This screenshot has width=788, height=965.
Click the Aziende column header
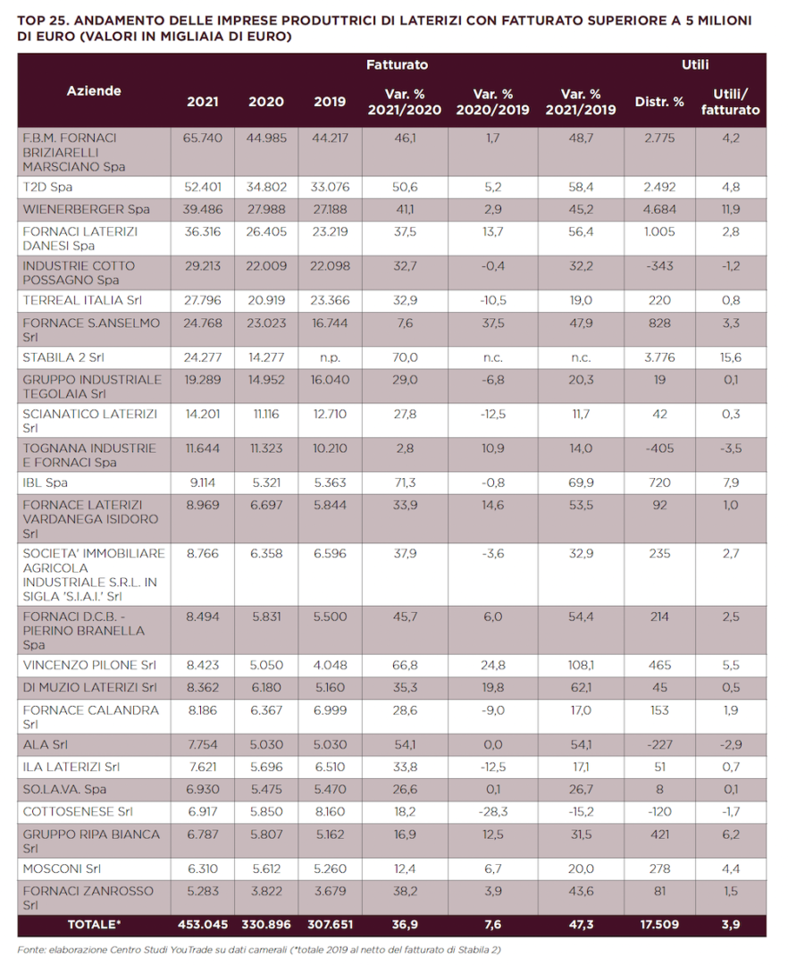(94, 90)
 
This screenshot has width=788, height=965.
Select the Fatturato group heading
(397, 64)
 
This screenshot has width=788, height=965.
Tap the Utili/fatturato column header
(730, 102)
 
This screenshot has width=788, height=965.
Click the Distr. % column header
(659, 102)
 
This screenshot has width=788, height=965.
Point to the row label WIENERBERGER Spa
(86, 209)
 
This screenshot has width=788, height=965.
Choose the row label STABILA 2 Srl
(63, 357)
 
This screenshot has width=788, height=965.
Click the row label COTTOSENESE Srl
(78, 811)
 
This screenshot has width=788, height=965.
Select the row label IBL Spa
(45, 483)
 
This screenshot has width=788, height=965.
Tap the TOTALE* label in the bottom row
(94, 925)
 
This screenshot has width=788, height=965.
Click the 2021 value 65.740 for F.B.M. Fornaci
(203, 138)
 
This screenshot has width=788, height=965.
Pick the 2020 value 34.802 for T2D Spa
(266, 187)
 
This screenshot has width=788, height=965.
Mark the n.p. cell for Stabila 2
(330, 357)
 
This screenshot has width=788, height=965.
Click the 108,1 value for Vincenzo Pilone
(581, 666)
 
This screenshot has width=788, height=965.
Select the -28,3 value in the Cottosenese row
(493, 811)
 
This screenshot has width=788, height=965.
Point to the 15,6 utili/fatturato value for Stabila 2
(731, 357)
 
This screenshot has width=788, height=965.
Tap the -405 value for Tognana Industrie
(659, 449)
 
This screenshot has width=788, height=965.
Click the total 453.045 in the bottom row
(203, 925)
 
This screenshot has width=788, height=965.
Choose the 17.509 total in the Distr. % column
(659, 925)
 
